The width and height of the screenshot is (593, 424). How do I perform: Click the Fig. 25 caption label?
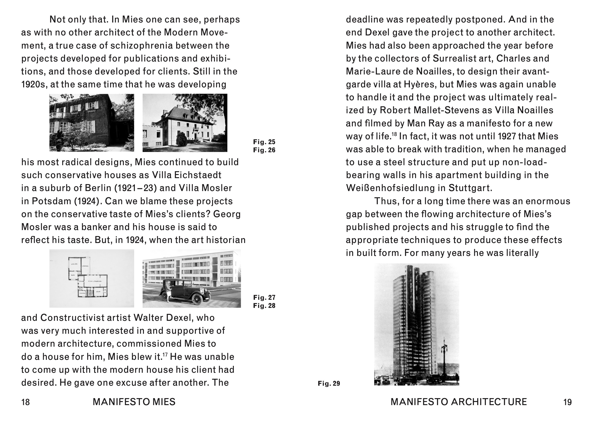pyautogui.click(x=264, y=142)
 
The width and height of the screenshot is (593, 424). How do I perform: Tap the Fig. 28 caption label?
pyautogui.click(x=264, y=306)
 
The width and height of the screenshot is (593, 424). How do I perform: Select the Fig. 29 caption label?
pyautogui.click(x=329, y=384)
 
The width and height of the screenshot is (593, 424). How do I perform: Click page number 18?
pyautogui.click(x=26, y=402)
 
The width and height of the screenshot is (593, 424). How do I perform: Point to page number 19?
pyautogui.click(x=567, y=402)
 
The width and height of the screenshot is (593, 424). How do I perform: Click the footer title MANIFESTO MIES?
pyautogui.click(x=134, y=402)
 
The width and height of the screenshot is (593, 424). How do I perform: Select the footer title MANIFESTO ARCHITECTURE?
pyautogui.click(x=459, y=402)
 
